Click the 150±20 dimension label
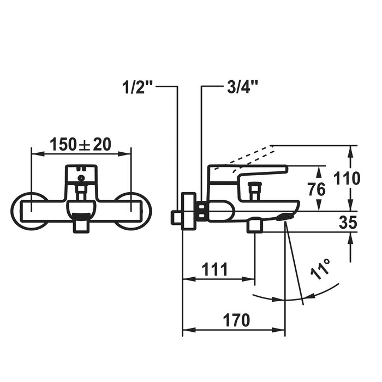pos(80,144)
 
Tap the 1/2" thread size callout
pos(138,87)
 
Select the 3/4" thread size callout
pos(242,87)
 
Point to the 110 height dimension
pos(347,178)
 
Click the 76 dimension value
pos(317,189)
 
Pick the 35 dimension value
pos(348,222)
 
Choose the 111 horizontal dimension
pos(215,270)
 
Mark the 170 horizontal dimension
pos(236,320)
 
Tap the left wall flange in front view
pos(15,211)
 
